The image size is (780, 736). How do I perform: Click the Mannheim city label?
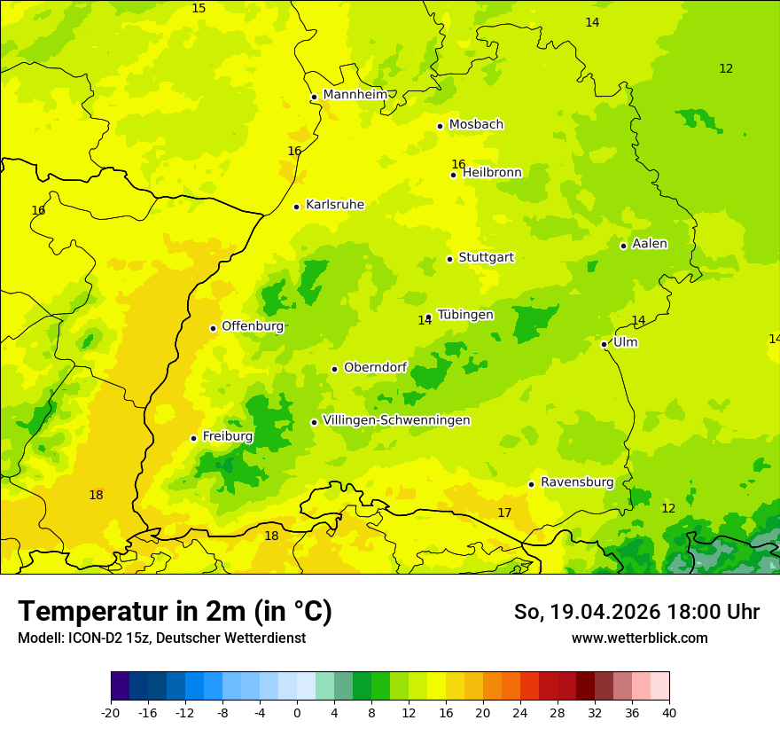click(355, 95)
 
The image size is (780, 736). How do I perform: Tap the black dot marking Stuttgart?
click(449, 259)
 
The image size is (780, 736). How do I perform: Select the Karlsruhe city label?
click(335, 205)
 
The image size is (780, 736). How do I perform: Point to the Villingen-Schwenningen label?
click(396, 420)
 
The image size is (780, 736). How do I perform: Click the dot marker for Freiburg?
click(193, 438)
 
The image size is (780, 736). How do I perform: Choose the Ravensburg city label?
click(577, 482)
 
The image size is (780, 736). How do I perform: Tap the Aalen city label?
click(650, 244)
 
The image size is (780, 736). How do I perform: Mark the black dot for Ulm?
click(604, 344)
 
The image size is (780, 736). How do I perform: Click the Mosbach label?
click(476, 125)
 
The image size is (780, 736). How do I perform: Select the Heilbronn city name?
click(492, 173)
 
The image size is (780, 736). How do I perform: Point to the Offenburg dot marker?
click(213, 328)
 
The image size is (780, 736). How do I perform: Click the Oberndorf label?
click(375, 368)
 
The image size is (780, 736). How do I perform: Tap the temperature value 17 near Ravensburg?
click(504, 513)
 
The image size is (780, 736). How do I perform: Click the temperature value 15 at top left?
click(199, 8)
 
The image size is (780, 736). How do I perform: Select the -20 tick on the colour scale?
click(111, 712)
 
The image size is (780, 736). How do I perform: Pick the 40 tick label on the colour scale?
click(669, 712)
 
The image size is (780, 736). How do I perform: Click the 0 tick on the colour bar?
click(297, 712)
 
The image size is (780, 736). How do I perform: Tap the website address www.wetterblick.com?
click(639, 638)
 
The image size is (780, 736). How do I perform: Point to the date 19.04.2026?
click(604, 612)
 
